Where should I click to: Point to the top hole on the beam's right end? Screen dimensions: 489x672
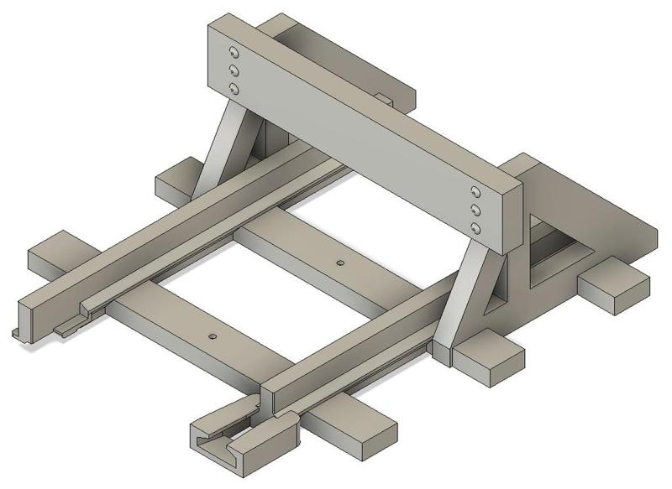476,193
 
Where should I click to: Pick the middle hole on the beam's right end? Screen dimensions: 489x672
476,210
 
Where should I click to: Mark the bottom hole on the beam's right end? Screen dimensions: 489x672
476,227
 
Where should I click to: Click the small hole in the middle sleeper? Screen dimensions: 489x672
339,263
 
